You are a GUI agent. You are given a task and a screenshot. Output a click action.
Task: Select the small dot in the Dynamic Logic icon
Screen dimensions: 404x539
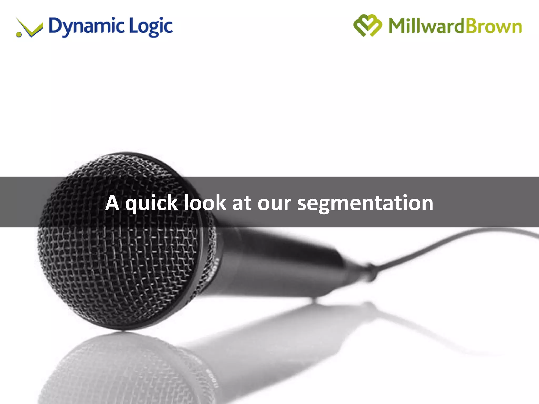point(19,34)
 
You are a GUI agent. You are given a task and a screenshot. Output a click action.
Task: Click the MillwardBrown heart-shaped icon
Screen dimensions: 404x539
point(367,26)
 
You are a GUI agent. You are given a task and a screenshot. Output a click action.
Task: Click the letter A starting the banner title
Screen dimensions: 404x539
point(112,203)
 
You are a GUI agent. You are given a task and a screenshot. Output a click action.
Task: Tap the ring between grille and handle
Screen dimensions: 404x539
point(208,263)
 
